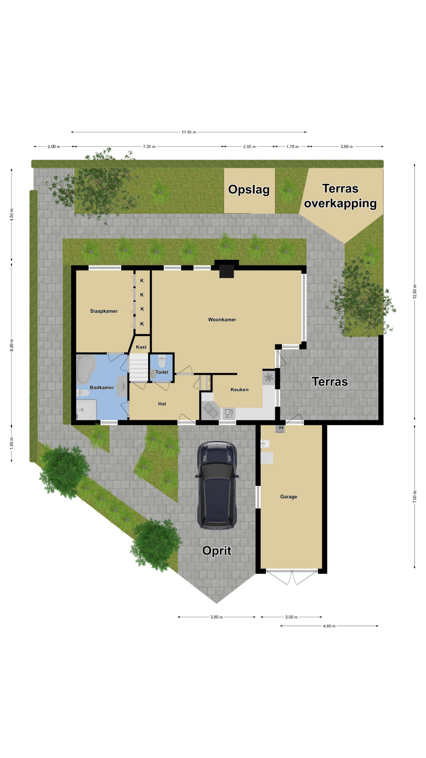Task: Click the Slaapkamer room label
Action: [x=104, y=311]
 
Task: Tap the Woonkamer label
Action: [x=222, y=320]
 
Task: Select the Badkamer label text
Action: [x=102, y=388]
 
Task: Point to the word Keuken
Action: [x=239, y=390]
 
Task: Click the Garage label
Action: [x=289, y=497]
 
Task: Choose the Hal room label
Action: [x=162, y=404]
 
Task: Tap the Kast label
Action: [x=141, y=347]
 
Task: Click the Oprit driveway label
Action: [x=217, y=551]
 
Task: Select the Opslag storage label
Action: [x=249, y=190]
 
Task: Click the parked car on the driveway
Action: [x=217, y=485]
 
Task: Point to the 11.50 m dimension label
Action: [x=189, y=132]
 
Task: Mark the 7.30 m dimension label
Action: [x=149, y=147]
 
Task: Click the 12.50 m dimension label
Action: [x=415, y=292]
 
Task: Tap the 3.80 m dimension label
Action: [x=217, y=617]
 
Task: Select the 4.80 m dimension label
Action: [x=329, y=626]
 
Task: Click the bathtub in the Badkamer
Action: [x=86, y=370]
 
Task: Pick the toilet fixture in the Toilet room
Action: [x=162, y=361]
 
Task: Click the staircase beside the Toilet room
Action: [x=138, y=368]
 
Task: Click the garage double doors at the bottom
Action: [x=292, y=578]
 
